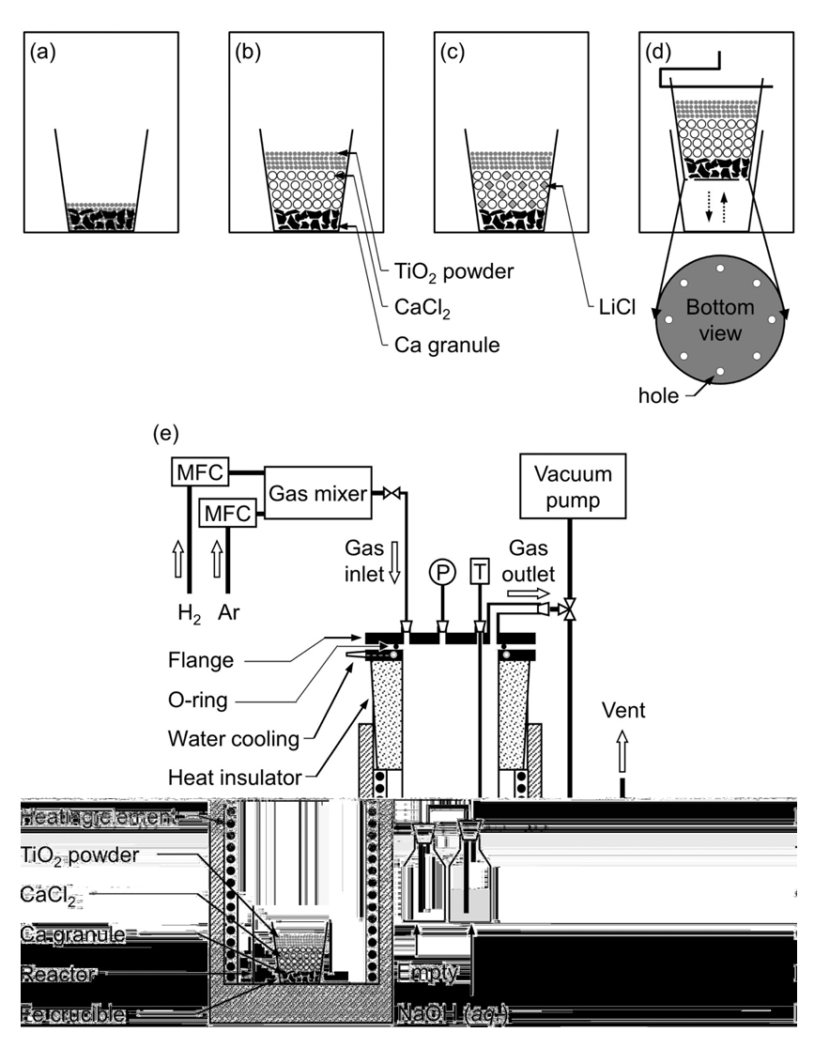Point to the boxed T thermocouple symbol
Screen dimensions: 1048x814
480,572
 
